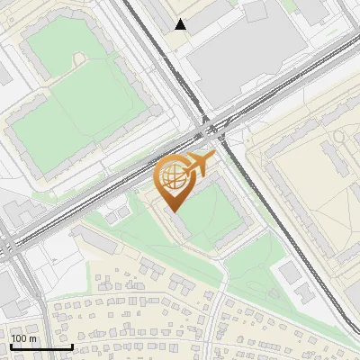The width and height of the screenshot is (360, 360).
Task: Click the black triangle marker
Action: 182,24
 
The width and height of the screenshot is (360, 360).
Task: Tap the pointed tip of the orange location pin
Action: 172,210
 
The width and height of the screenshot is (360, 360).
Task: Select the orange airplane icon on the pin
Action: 196,164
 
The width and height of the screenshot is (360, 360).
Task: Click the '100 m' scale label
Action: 23,338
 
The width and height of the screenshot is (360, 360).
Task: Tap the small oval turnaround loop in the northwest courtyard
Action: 78,58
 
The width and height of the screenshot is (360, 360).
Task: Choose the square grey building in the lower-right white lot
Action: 289,271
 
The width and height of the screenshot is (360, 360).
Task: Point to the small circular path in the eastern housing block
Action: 339,137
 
